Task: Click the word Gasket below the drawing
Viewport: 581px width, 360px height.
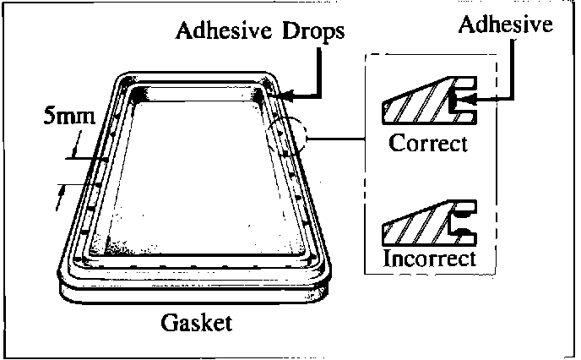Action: (x=196, y=324)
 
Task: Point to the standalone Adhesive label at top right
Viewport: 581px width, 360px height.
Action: (x=505, y=25)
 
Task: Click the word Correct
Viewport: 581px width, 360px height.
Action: (x=428, y=143)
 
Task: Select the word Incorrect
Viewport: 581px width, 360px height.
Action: (x=429, y=258)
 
